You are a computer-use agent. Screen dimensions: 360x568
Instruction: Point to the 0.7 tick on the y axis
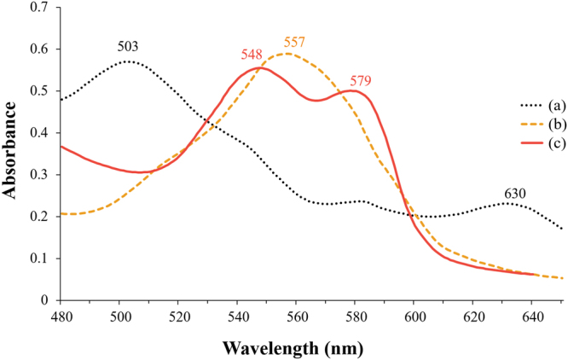point(40,8)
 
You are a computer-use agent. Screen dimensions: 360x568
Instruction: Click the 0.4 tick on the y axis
point(40,133)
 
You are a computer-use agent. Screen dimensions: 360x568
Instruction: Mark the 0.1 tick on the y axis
point(40,258)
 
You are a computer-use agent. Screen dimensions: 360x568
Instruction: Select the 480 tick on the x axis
point(61,314)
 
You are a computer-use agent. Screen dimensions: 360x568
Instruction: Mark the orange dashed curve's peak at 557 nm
point(287,54)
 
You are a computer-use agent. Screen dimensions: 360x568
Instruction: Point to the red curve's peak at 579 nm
point(352,90)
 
